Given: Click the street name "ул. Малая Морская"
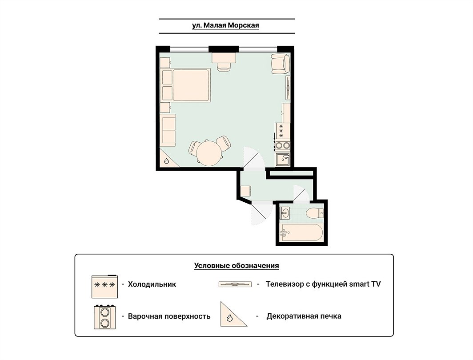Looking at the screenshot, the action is pos(225,25).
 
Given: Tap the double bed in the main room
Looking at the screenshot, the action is pos(186,85).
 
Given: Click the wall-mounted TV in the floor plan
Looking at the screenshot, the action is pos(288,88).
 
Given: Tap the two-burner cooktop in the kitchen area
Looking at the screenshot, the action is pos(282,145).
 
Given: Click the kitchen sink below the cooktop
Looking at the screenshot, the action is pos(283,160).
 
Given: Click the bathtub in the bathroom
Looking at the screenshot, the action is pos(301,232).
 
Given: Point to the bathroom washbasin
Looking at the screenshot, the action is pos(285,213).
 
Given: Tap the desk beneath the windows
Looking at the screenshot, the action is pos(224,58).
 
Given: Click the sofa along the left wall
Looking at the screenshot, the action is pos(168,130).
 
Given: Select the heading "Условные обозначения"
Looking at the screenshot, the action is pos(236,266).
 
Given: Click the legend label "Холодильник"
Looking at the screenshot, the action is pos(152,284).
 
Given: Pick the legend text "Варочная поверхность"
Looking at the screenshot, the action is pos(169,316).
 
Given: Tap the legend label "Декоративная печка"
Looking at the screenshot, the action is pos(304,316).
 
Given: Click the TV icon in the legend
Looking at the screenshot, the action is pos(235,284).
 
